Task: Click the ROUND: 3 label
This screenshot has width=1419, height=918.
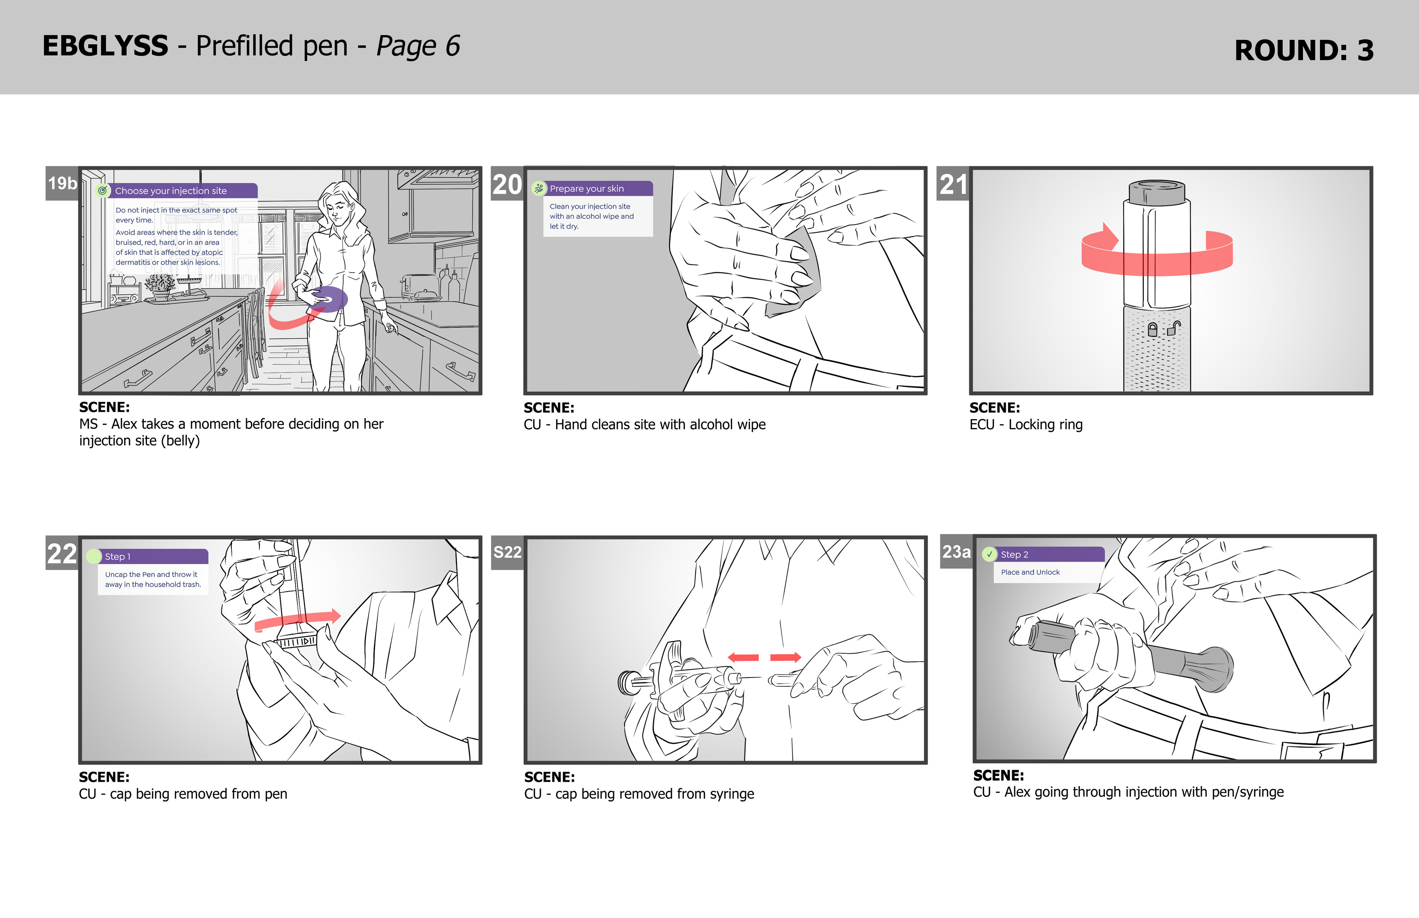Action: pos(1304,50)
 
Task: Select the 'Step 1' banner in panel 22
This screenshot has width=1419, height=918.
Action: pos(148,556)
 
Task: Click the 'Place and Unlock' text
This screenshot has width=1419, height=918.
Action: pos(1030,572)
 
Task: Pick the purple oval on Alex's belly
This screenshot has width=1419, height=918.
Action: pos(328,298)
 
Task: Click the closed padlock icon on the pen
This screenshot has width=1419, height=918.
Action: pos(1153,330)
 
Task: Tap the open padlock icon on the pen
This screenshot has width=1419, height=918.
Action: pos(1173,328)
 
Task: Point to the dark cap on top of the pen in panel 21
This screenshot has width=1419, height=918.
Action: pos(1157,192)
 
